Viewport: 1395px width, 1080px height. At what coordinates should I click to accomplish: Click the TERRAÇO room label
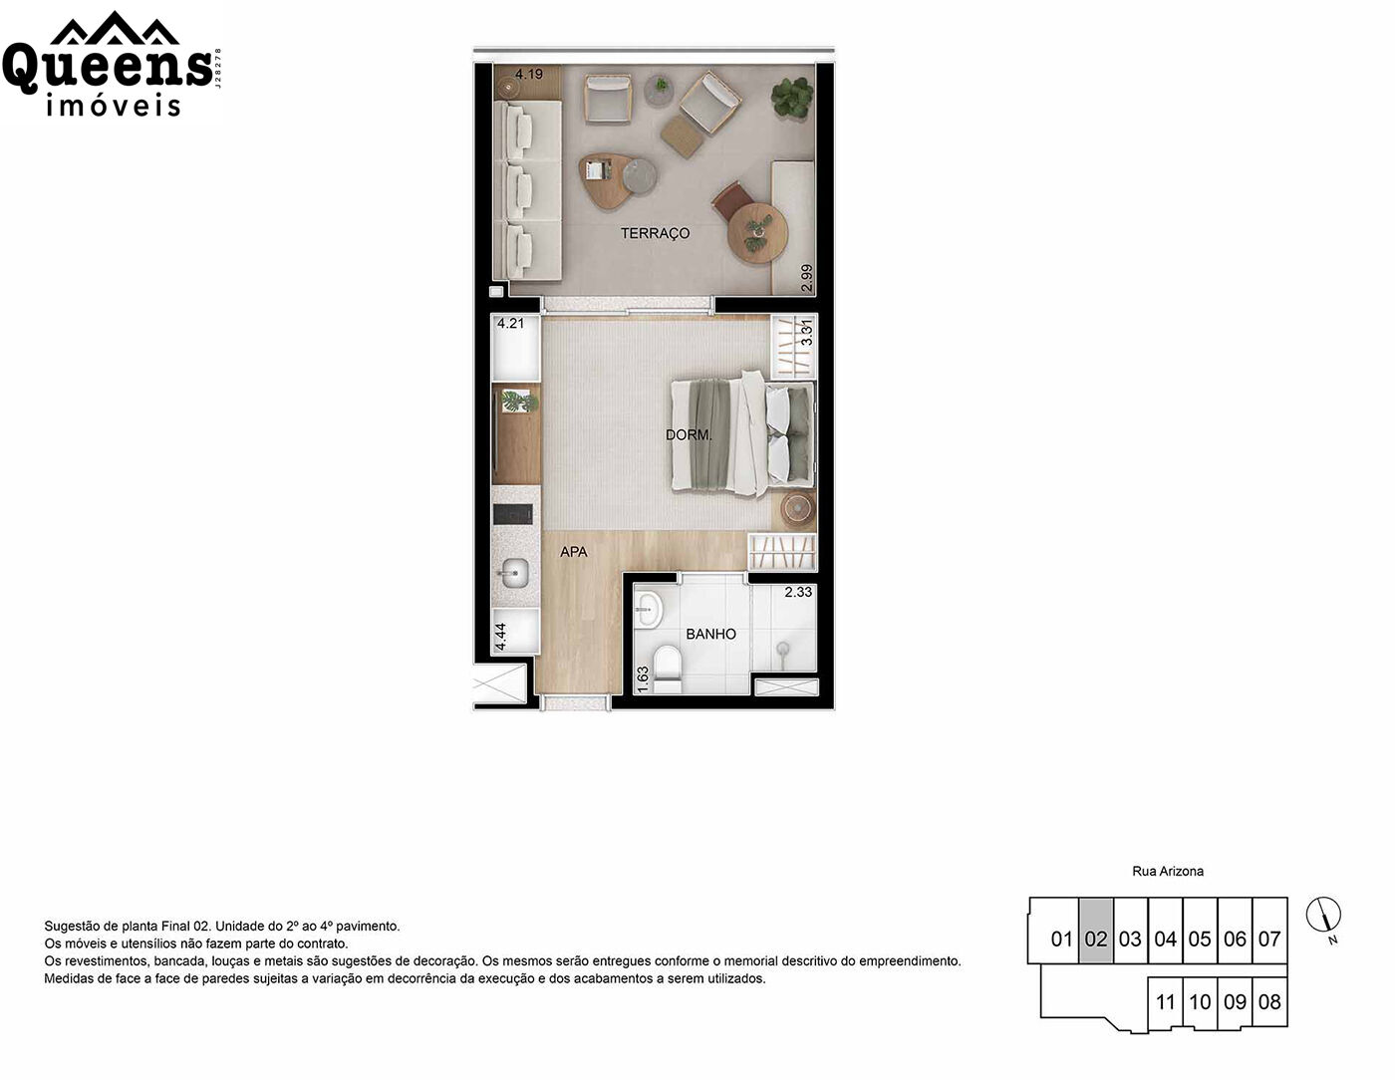coord(655,233)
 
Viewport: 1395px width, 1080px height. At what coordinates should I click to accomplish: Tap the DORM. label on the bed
coord(689,435)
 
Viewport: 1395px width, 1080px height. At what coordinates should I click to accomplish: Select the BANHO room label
coord(710,634)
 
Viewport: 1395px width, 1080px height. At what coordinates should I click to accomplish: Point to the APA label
coord(573,552)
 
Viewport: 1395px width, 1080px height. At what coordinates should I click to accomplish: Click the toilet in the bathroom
coord(667,670)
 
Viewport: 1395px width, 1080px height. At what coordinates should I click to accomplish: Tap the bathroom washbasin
coord(648,609)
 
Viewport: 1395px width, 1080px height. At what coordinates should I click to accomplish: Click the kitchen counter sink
coord(515,573)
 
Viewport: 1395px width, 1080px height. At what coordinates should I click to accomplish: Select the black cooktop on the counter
coord(512,513)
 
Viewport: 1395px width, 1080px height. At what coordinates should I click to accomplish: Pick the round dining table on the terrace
coord(757,233)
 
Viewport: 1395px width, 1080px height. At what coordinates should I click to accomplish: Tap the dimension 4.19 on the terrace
coord(528,74)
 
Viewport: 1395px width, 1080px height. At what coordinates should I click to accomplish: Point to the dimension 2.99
coord(807,278)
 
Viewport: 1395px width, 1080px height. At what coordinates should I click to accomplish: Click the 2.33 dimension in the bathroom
coord(798,592)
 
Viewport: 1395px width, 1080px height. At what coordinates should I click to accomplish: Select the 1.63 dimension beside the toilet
coord(643,678)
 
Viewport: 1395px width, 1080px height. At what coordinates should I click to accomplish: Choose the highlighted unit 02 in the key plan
coord(1096,930)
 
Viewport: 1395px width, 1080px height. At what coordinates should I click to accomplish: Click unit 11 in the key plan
coord(1165,1001)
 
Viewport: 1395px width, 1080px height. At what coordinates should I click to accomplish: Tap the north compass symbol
coord(1323,915)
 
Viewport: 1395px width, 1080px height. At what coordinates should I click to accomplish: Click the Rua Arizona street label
coord(1167,871)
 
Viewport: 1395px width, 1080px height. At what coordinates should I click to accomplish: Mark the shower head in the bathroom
coord(782,650)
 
